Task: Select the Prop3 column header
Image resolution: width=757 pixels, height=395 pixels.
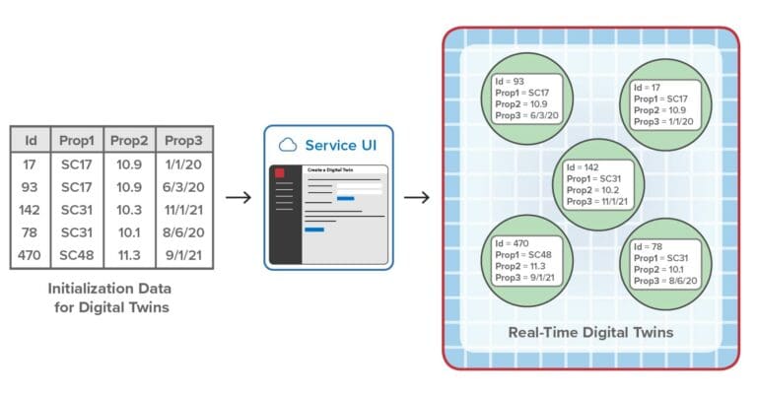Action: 183,140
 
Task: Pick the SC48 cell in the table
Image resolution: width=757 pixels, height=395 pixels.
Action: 77,257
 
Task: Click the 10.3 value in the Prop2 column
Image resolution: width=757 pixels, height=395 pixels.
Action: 130,211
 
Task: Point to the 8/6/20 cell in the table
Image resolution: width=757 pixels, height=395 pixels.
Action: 183,233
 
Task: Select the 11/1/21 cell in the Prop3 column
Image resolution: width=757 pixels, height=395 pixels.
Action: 183,211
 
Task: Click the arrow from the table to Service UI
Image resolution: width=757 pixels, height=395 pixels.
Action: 238,198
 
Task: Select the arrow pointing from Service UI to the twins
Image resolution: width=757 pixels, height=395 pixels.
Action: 417,198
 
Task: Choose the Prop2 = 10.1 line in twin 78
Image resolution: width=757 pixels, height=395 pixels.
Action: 662,268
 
